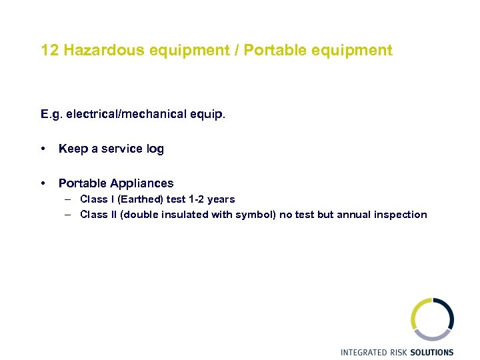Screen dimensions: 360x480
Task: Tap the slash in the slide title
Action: [237, 51]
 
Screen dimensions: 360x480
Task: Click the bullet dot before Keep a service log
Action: [43, 149]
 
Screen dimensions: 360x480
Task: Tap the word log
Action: [155, 149]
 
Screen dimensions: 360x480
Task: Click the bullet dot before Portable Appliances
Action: [43, 183]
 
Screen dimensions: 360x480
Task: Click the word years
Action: [221, 199]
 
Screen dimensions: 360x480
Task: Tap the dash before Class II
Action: [69, 215]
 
